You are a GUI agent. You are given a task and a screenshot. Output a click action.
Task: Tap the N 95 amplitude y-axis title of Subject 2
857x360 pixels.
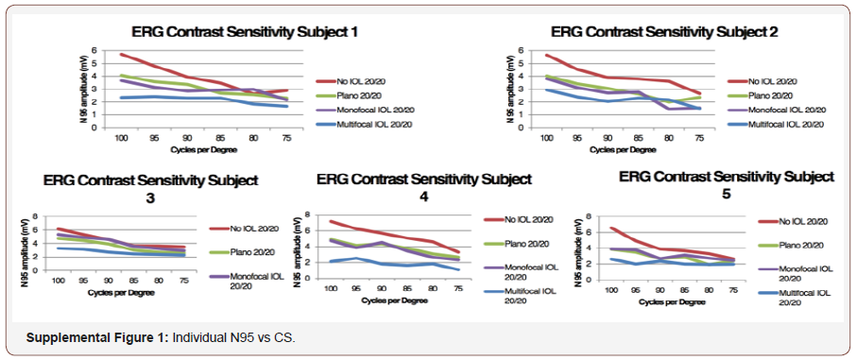[512, 92]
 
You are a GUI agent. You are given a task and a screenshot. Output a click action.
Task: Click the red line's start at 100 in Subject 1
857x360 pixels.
[121, 54]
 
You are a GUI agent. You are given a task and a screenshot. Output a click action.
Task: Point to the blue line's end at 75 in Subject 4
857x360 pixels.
[457, 270]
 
